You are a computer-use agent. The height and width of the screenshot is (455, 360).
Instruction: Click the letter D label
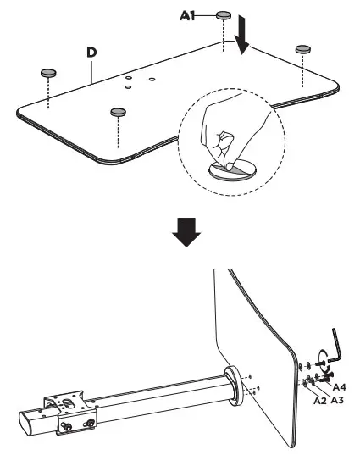pos(91,53)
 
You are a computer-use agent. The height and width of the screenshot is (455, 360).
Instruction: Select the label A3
pos(335,399)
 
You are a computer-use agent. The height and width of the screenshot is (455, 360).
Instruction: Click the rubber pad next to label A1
pos(224,14)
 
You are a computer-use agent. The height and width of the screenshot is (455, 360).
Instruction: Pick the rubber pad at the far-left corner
pos(48,73)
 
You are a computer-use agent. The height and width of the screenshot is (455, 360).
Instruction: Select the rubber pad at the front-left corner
pos(117,110)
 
